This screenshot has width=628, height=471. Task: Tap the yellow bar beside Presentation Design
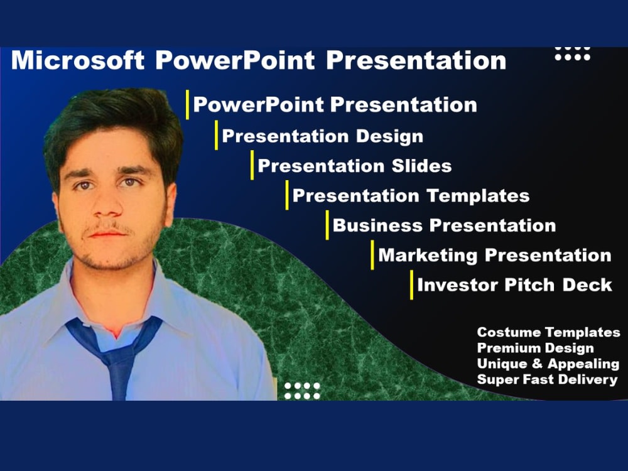point(217,136)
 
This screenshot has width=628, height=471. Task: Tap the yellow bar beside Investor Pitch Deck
point(412,285)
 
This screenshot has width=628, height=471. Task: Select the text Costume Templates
point(548,332)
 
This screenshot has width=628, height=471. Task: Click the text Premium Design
point(535,348)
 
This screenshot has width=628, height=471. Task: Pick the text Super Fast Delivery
point(547,379)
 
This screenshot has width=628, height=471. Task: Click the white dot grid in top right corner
point(573,53)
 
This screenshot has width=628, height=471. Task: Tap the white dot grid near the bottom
point(302,391)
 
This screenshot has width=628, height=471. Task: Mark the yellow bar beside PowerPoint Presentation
point(187,104)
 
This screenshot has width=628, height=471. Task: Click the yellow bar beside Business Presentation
point(327,225)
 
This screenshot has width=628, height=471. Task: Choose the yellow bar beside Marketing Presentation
point(372,255)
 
